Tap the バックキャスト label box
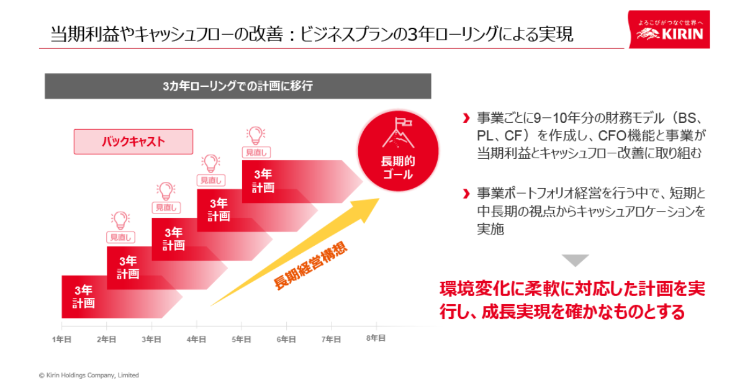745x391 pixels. pos(133,142)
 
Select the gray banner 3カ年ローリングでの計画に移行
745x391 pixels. pos(238,86)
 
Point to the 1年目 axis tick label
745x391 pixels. pos(61,339)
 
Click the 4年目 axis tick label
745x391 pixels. pos(196,339)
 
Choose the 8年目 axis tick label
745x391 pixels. pos(376,338)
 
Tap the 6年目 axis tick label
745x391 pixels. pos(286,339)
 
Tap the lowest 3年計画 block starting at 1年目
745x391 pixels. pos(84,297)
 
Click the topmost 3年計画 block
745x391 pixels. pos(263,181)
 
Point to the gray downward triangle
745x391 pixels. pos(575,261)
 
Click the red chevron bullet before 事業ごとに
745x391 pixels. pos(466,118)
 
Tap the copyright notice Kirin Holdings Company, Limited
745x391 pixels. pos(89,375)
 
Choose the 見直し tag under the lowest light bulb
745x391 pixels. pos(120,237)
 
